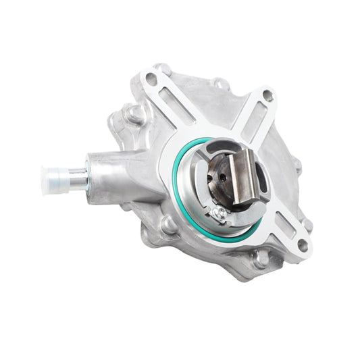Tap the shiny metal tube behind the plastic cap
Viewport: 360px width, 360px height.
pyautogui.click(x=79, y=179)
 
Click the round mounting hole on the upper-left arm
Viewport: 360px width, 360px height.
pyautogui.click(x=151, y=79)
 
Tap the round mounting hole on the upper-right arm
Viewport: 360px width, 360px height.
pyautogui.click(x=267, y=96)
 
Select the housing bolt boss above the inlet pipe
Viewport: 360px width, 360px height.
pyautogui.click(x=135, y=115)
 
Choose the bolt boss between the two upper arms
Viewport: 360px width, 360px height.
pyautogui.click(x=220, y=84)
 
